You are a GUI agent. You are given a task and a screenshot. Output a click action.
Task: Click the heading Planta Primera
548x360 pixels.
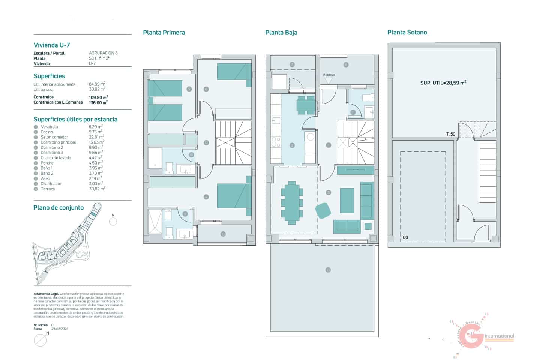[164, 33]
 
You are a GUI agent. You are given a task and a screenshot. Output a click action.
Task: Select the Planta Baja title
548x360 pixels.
[281, 33]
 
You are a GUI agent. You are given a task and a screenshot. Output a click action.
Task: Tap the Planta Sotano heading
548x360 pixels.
[407, 33]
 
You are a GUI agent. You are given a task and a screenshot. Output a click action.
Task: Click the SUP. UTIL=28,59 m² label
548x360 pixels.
[443, 82]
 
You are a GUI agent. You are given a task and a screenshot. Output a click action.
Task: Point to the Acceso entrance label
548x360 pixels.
[329, 75]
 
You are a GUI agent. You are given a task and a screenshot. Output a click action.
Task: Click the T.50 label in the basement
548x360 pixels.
[450, 134]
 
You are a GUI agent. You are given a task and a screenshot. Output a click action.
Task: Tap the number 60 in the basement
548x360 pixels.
[405, 237]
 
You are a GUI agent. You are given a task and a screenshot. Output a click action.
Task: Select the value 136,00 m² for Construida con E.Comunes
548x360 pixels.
[98, 102]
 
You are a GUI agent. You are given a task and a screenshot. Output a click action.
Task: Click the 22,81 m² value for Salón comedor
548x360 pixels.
[96, 137]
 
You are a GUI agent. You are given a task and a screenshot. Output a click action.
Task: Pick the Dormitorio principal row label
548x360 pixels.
[58, 142]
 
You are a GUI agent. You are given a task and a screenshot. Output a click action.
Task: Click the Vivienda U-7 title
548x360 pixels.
[52, 45]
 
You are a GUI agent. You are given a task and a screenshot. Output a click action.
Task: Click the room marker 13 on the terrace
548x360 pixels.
[328, 270]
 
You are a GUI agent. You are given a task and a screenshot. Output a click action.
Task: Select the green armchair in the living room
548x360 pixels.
[323, 210]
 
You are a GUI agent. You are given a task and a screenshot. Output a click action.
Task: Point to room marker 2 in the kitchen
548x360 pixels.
[292, 145]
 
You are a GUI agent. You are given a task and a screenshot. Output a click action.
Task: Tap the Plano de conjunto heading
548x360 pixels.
[59, 208]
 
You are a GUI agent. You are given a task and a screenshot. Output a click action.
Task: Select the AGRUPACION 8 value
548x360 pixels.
[103, 53]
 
